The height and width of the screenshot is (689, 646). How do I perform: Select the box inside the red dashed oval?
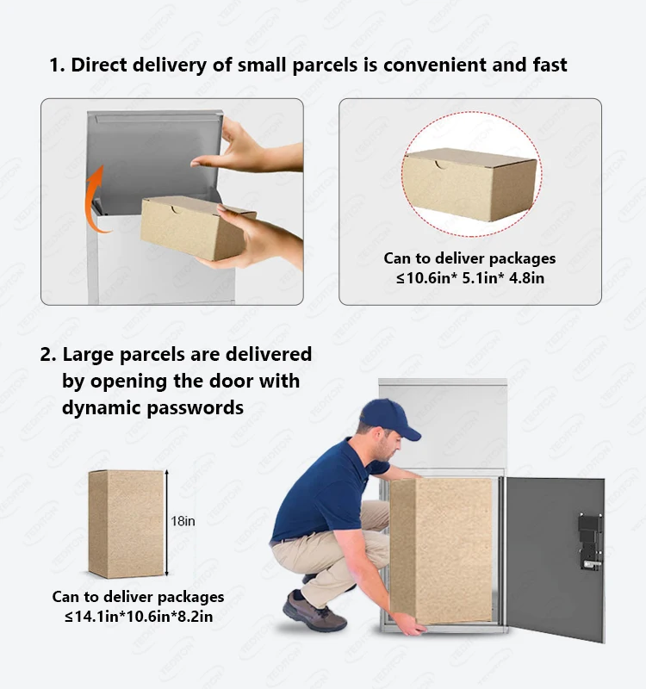(470, 183)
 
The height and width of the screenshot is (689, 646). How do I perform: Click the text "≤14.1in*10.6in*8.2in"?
(138, 616)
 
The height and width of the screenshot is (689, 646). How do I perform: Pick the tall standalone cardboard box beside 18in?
(126, 524)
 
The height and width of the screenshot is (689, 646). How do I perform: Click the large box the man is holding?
(440, 548)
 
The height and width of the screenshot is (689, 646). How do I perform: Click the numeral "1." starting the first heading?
(57, 65)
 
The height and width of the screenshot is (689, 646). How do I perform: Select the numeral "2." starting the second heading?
(48, 354)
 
